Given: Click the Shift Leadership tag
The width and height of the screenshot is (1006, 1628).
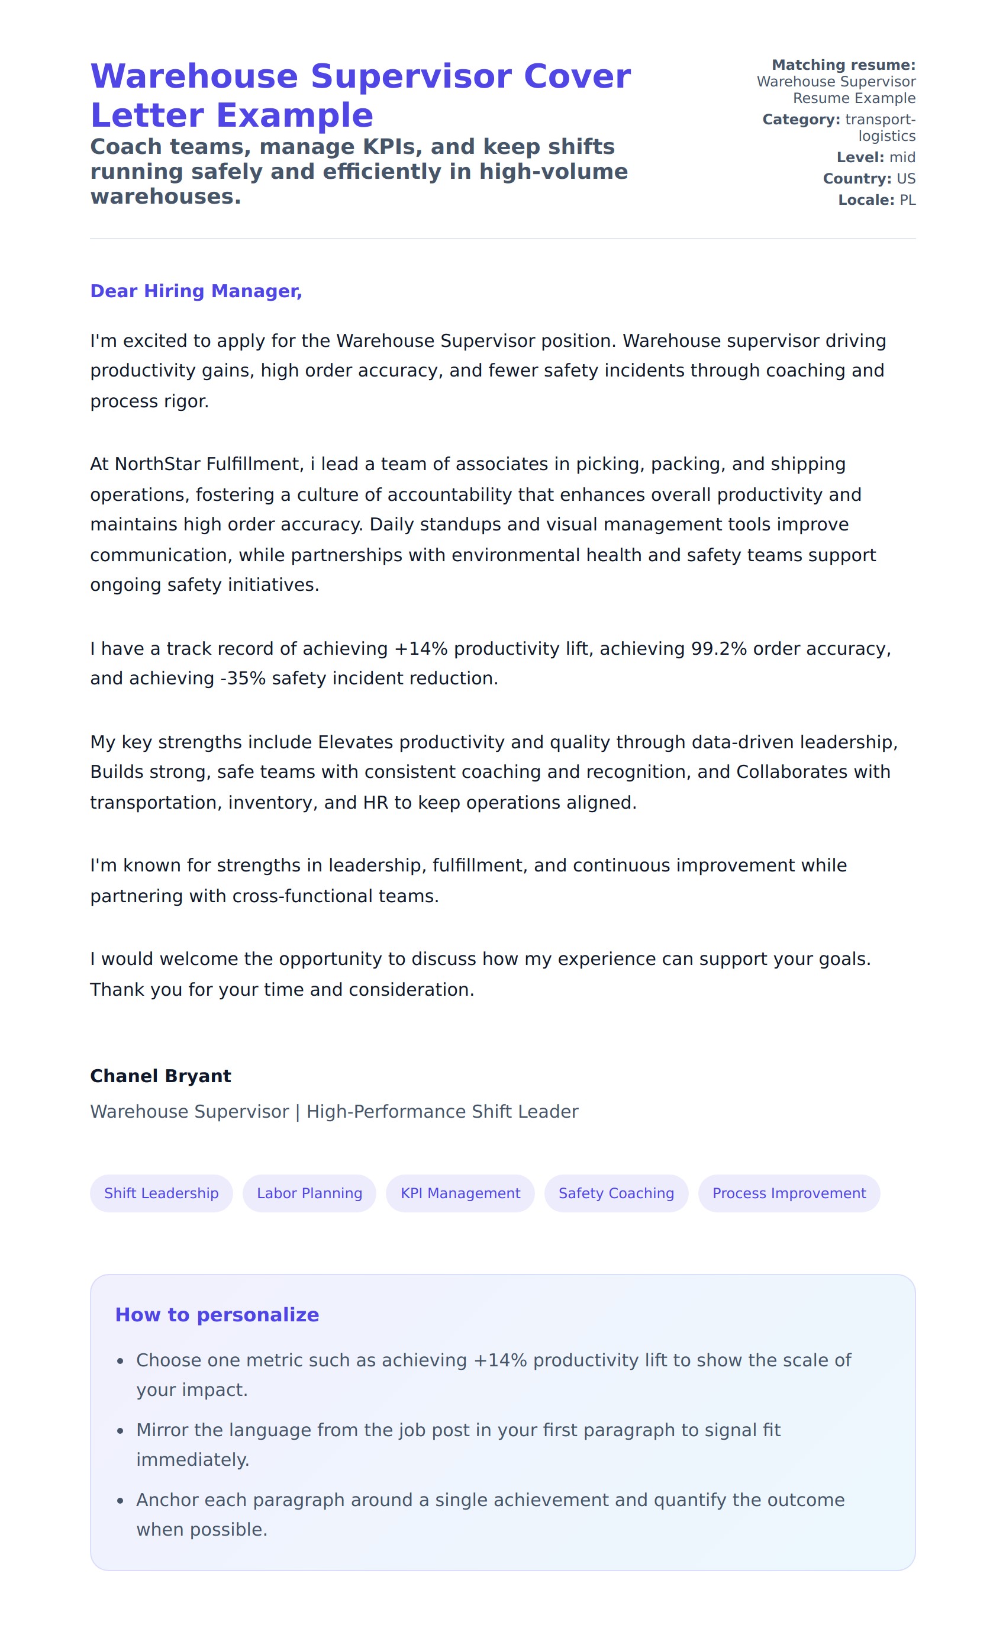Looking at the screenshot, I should coord(161,1193).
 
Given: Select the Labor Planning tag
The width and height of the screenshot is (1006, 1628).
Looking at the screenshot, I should coord(309,1193).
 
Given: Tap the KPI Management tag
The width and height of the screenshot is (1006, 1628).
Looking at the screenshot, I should coord(460,1193).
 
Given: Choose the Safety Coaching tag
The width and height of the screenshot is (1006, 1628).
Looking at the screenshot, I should coord(616,1193).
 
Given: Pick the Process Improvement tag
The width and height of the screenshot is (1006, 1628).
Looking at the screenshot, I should coord(788,1193).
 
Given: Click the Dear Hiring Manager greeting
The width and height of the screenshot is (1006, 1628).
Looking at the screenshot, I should coord(196,291).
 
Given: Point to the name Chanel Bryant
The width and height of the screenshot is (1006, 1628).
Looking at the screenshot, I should coord(160,1076).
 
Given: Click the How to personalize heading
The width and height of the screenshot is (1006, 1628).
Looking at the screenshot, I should coord(217,1314).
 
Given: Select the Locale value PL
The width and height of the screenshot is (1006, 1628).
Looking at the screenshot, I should coord(908,200).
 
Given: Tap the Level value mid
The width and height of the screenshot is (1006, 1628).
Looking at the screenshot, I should coord(902,157).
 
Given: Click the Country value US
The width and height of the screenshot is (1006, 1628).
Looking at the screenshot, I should coord(906,179).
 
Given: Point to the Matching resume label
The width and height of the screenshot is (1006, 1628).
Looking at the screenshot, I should coord(843,65).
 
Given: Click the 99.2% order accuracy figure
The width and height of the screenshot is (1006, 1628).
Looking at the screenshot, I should coord(719,649).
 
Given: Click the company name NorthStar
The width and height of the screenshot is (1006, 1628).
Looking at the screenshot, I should coord(157,465).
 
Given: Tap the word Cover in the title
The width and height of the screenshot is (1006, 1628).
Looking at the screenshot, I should coord(577,76).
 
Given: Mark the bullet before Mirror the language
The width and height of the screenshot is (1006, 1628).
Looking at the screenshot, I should coord(121,1430).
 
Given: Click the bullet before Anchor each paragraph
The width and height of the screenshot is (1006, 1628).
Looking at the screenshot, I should coord(121,1500).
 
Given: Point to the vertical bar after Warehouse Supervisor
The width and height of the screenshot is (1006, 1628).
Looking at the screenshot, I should coord(298,1112).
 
